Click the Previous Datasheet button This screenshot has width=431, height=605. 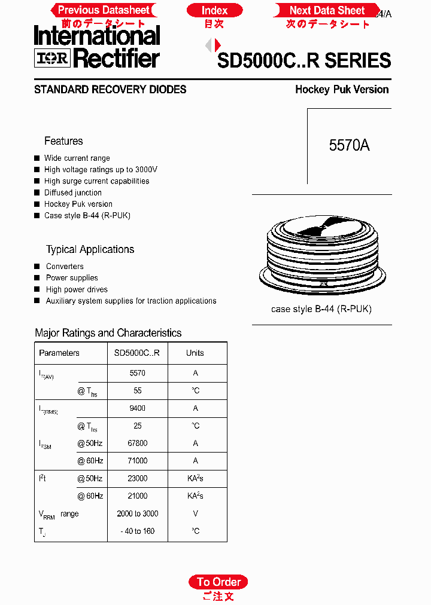tap(104, 10)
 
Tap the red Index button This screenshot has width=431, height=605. tap(214, 10)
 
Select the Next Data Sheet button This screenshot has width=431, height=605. tap(327, 10)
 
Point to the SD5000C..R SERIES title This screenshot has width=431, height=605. tap(304, 60)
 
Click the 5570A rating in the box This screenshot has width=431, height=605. tap(349, 145)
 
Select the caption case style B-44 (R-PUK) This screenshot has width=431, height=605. tap(321, 309)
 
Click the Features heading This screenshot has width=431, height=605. tap(63, 141)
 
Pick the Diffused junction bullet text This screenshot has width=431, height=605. tap(73, 192)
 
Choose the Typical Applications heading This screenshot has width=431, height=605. tap(90, 249)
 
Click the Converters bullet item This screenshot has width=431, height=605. tap(65, 267)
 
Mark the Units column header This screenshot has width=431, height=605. tap(195, 353)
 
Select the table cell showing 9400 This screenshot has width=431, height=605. tap(138, 408)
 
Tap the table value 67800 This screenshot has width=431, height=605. tap(138, 443)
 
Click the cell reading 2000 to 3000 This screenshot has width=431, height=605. tap(138, 514)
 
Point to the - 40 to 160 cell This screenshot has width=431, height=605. tap(138, 531)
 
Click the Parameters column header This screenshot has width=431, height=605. tap(59, 353)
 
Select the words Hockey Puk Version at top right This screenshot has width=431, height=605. tap(342, 90)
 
